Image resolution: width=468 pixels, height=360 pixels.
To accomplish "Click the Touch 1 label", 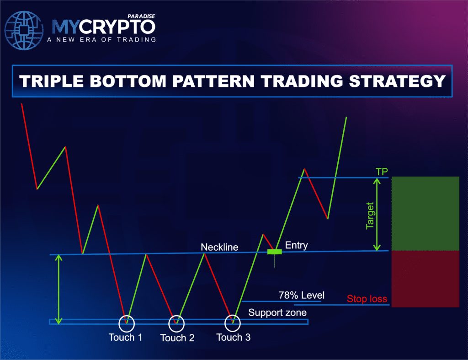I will click(x=125, y=338).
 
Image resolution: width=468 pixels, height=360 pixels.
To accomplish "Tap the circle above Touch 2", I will click(x=176, y=323).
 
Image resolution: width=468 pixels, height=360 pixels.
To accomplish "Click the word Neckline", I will click(x=219, y=247).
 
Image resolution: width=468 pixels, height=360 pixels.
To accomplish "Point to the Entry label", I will click(x=296, y=246).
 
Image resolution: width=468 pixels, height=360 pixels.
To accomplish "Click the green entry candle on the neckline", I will click(x=274, y=252).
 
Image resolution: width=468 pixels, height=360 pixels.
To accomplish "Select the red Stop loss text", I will click(x=367, y=300).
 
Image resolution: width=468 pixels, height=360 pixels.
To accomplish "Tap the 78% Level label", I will click(x=301, y=296).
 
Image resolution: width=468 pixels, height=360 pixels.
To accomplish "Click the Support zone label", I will click(x=277, y=313).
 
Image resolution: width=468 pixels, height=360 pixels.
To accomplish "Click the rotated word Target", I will click(x=370, y=215).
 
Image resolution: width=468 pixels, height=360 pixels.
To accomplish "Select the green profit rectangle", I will click(x=425, y=213).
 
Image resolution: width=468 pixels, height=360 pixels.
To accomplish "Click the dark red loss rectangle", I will click(x=425, y=279).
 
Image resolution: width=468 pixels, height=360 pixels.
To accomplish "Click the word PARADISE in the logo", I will click(x=142, y=16).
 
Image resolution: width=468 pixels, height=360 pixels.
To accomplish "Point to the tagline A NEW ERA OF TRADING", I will click(x=101, y=39).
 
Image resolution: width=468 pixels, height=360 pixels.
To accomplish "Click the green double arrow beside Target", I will click(x=377, y=214).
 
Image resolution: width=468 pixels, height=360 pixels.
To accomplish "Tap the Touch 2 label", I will click(x=177, y=338).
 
